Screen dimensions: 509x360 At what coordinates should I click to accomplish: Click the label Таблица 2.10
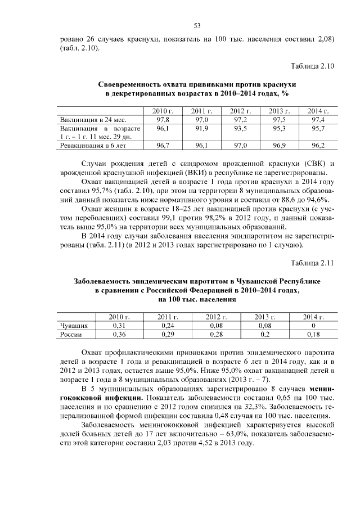(312, 66)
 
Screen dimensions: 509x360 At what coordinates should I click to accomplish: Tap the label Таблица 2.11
(312, 263)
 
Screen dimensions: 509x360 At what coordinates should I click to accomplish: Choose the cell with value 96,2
(318, 146)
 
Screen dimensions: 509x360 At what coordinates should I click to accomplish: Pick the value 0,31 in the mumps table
(119, 326)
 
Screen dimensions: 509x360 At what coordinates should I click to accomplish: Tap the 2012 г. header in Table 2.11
(215, 317)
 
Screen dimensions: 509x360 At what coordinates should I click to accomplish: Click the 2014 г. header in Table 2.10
(318, 111)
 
